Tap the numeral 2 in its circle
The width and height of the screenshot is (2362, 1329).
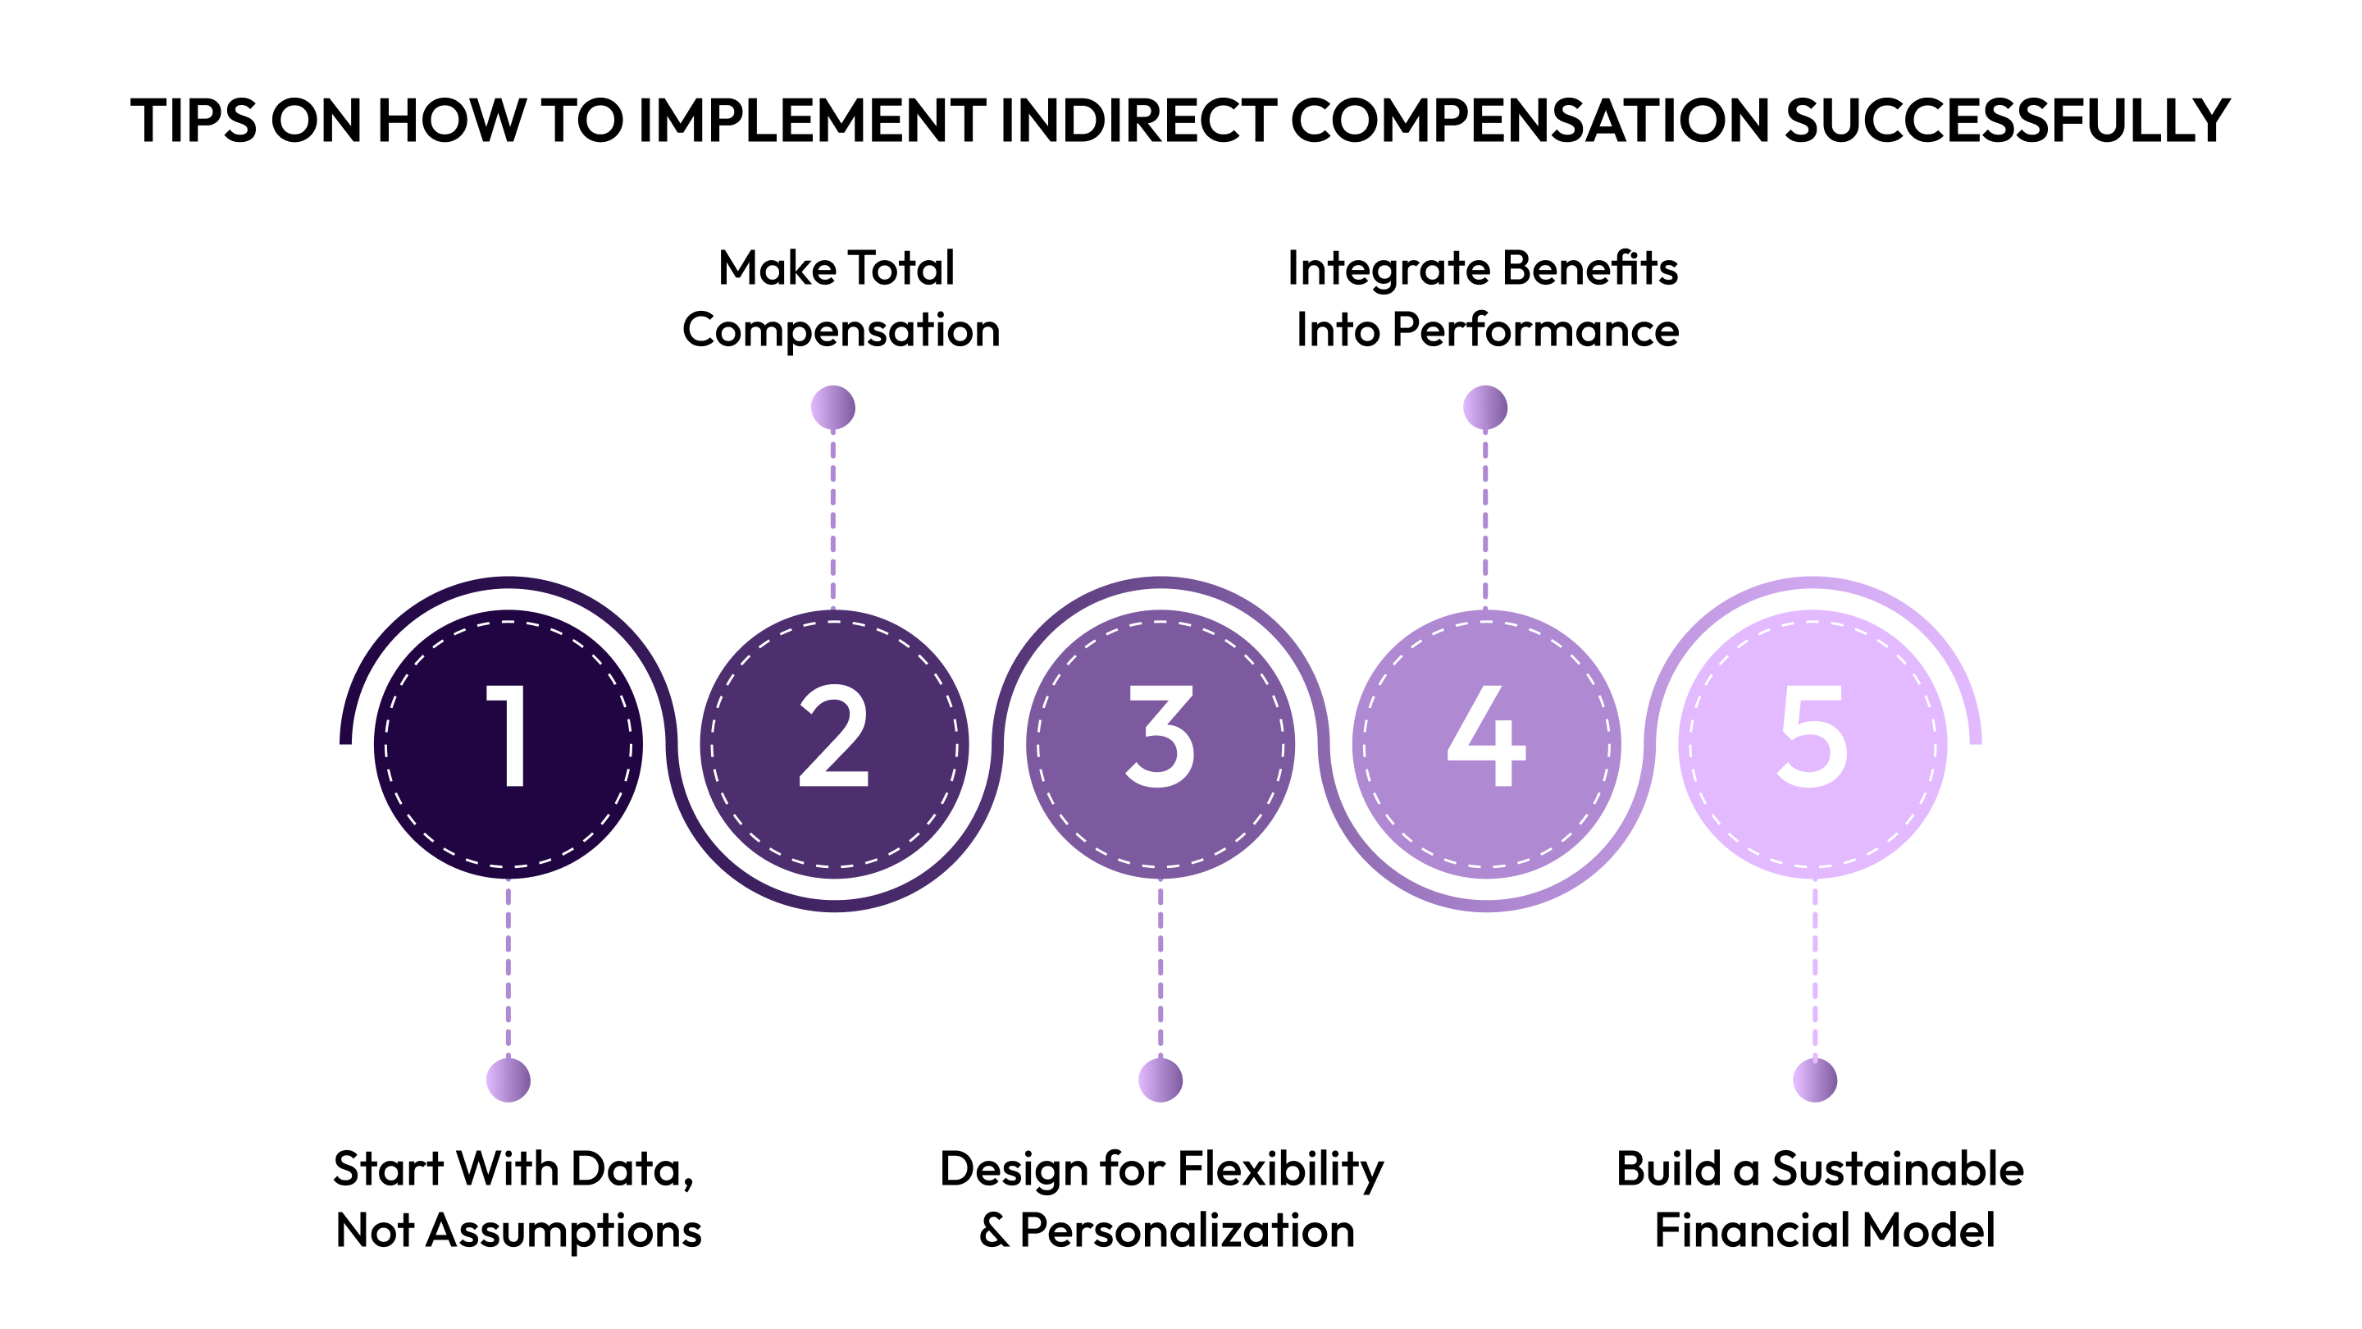[x=833, y=736]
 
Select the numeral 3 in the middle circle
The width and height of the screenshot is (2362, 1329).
[x=1160, y=736]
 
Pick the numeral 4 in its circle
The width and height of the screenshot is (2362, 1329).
[x=1486, y=736]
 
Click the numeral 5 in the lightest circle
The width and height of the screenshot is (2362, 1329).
[x=1812, y=736]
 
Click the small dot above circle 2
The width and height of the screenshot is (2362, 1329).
[x=832, y=407]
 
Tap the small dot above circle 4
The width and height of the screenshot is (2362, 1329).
[x=1484, y=407]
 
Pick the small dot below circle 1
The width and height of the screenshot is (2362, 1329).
[x=508, y=1080]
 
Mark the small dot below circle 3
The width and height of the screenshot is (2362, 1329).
[x=1160, y=1080]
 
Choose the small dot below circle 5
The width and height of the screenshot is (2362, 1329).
[x=1815, y=1080]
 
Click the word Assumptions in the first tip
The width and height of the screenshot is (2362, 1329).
[x=564, y=1231]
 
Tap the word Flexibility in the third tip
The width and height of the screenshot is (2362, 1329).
[x=1280, y=1169]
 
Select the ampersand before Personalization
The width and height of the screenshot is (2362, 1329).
[x=993, y=1231]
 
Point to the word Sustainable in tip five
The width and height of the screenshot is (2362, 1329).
[x=1897, y=1169]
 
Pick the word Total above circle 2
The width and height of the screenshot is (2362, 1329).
[x=901, y=269]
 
